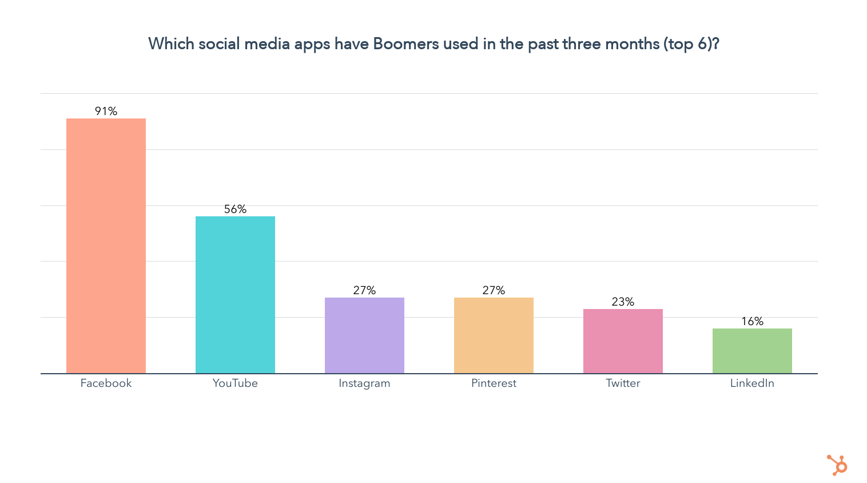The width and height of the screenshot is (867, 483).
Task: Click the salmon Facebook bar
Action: click(106, 246)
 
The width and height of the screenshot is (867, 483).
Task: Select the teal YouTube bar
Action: click(235, 294)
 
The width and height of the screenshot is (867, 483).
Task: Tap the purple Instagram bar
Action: click(364, 335)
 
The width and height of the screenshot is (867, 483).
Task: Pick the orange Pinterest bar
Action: click(494, 335)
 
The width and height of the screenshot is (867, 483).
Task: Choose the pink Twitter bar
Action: click(623, 341)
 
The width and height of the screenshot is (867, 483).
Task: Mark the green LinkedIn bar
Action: click(752, 350)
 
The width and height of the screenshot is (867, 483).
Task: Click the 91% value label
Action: click(106, 111)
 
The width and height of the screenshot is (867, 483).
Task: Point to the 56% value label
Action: click(235, 209)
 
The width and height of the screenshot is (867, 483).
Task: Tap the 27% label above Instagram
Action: click(364, 290)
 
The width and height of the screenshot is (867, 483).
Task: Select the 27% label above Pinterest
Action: click(494, 290)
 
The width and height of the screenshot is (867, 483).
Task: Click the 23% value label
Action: click(623, 302)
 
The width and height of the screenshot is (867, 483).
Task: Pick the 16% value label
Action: click(752, 321)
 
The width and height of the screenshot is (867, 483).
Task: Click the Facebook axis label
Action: click(106, 383)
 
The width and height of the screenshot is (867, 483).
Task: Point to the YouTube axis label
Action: click(235, 383)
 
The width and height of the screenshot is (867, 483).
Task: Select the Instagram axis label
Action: click(364, 383)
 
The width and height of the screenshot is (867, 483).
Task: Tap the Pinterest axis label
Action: click(494, 383)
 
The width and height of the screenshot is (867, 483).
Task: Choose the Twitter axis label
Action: click(623, 383)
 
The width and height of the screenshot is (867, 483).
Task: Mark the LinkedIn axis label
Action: click(752, 383)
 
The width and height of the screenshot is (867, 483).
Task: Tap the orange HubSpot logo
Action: click(837, 465)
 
